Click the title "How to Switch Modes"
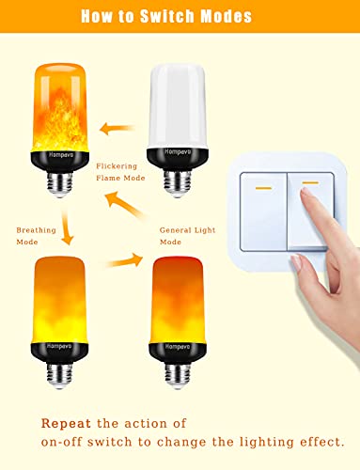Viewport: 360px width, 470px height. [179, 17]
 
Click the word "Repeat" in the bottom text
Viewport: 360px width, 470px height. [68, 421]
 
